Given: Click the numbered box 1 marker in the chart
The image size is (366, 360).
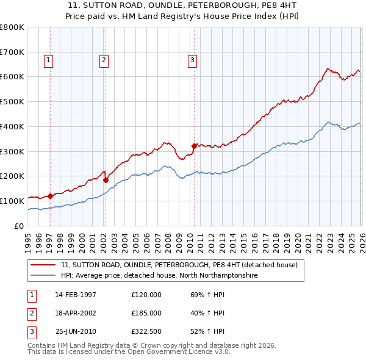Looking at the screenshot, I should pos(48,60).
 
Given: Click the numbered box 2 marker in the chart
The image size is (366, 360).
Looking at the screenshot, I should pos(104,60).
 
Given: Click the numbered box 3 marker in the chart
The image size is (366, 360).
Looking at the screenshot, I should pos(192,60).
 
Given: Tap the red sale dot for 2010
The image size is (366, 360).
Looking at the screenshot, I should pos(194,145).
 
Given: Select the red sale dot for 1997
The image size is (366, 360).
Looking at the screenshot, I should pos(50,196).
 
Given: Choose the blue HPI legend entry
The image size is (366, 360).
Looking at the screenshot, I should pos(159,276).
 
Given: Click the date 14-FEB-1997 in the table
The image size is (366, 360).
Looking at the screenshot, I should pos(76,295).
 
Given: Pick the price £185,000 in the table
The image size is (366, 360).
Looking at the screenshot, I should pos(146,312).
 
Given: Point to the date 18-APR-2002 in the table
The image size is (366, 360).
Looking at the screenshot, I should pos(76,312).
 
